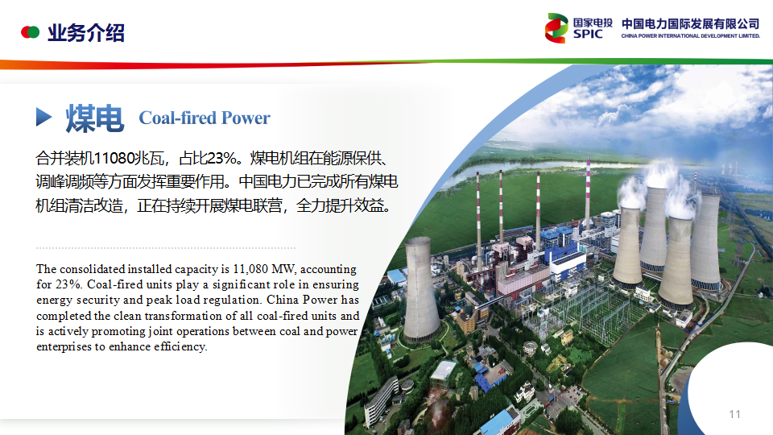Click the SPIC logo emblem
coord(556,28)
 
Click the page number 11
coord(734,414)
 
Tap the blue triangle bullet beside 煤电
coord(43,117)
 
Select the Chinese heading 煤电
coord(95,118)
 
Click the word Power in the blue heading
coord(246,118)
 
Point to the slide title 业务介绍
coord(86,33)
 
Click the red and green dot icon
coord(30,32)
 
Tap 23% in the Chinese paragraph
coord(222,159)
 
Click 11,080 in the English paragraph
coord(250,269)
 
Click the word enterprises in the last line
coord(64,346)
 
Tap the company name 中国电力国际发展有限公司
coord(690,23)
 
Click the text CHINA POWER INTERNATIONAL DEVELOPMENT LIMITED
coord(690,36)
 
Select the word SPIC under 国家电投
coord(588,34)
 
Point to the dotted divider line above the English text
coord(166,248)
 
